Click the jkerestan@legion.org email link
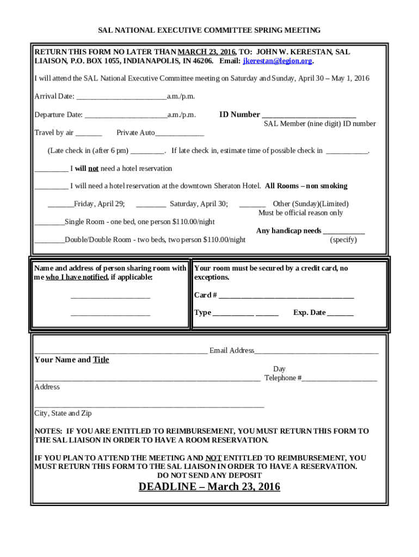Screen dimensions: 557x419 click(278, 61)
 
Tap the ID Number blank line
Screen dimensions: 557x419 click(309, 115)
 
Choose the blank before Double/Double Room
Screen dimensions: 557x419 click(49, 240)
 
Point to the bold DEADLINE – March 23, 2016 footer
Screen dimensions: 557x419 click(209, 487)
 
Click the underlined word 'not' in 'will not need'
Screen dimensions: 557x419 click(94, 169)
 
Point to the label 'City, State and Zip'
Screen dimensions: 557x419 click(63, 413)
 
